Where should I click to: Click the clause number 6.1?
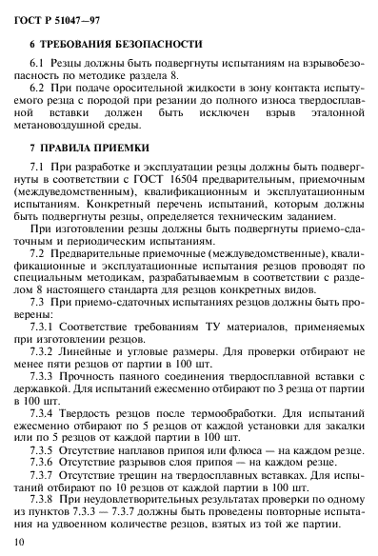pyautogui.click(x=51, y=63)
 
